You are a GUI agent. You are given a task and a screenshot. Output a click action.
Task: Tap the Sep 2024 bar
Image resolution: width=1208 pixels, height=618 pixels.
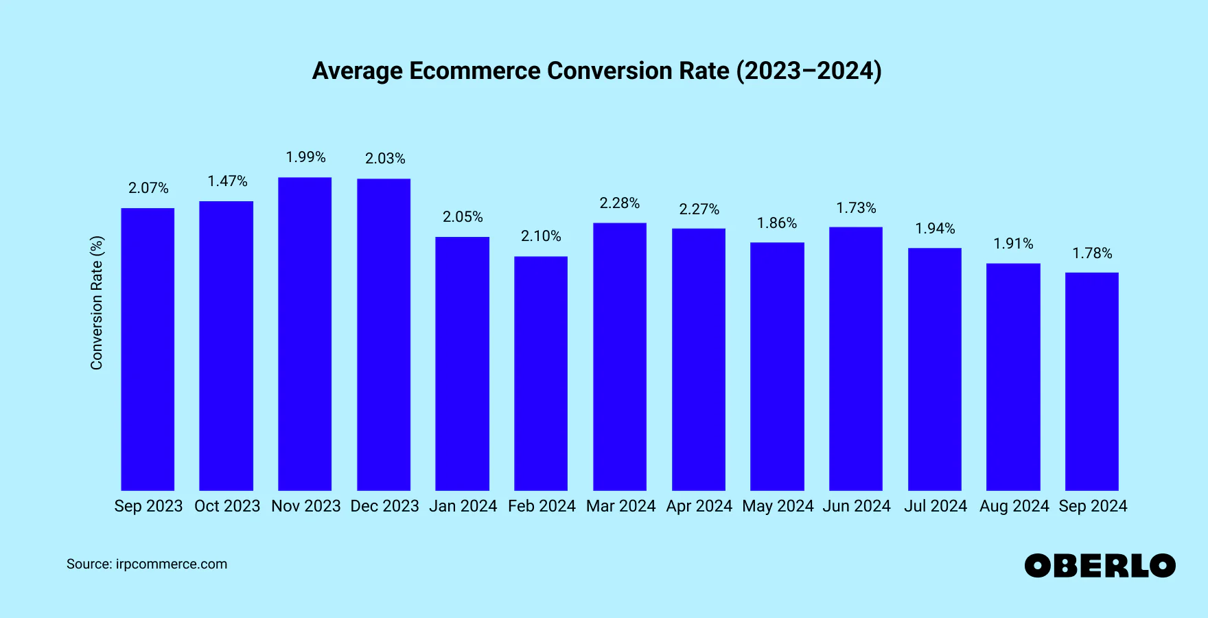[x=1091, y=381]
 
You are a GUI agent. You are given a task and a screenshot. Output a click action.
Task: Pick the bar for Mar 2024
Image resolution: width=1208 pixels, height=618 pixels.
[x=620, y=356]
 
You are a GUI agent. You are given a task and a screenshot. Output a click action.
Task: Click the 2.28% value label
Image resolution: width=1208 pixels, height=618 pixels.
[x=620, y=203]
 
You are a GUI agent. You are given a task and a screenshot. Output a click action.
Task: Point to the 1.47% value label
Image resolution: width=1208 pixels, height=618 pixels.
[x=227, y=181]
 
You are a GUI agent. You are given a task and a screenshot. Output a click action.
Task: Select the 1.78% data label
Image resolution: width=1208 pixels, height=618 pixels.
[x=1092, y=253]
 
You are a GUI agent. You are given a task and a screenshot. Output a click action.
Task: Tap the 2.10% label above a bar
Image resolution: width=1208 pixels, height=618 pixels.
[x=541, y=236]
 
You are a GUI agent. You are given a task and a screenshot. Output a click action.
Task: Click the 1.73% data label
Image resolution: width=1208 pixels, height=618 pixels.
[x=856, y=208]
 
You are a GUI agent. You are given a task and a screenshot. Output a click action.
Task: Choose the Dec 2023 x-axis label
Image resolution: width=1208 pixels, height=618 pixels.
[x=384, y=506]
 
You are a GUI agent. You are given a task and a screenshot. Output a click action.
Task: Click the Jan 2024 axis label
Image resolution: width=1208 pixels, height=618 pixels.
[x=463, y=506]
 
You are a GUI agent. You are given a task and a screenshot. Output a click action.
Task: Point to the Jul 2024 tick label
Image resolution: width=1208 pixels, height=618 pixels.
[x=935, y=506]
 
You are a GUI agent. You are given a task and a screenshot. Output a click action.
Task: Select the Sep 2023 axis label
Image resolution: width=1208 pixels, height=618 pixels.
[x=148, y=506]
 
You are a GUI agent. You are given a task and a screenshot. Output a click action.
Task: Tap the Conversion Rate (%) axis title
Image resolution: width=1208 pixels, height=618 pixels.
[x=97, y=303]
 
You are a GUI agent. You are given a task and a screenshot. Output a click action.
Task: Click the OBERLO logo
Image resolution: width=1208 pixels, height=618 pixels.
[x=1100, y=566]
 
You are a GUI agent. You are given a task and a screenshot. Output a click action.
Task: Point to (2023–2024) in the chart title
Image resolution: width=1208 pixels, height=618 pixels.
[x=809, y=71]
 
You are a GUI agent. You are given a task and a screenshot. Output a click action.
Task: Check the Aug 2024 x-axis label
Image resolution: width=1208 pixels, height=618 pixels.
[x=1014, y=506]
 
